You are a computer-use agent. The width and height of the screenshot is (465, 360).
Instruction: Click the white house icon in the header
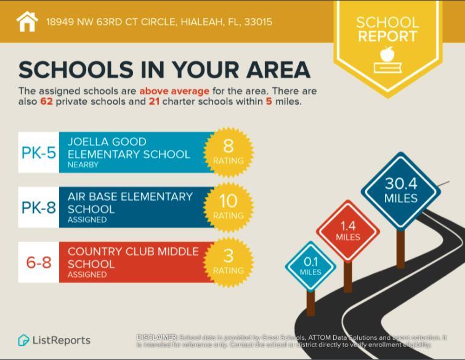coord(27,22)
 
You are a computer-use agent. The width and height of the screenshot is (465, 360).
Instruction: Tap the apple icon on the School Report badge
coord(387,55)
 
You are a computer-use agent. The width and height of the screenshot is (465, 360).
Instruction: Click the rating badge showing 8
coord(228,151)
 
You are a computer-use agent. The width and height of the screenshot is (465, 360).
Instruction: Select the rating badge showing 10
coord(228,207)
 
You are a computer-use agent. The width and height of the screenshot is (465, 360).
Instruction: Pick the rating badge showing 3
coord(228,262)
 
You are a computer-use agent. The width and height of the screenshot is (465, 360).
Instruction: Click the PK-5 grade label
coord(39,153)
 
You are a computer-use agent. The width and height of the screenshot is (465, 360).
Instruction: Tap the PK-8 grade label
coord(39,207)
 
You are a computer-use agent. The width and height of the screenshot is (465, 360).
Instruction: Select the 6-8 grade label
coord(39,263)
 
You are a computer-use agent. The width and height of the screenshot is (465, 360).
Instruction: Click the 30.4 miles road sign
coord(401,190)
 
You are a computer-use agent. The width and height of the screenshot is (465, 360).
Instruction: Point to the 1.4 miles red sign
coord(348,231)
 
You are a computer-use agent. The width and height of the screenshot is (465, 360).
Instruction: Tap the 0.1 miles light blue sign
coord(310,266)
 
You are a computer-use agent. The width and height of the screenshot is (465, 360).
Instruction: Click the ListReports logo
coord(54,340)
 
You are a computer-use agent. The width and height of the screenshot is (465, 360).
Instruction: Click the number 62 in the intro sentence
coord(46,102)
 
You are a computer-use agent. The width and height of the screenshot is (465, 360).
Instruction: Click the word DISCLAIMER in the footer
coord(156,337)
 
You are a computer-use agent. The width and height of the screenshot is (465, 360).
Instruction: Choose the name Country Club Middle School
coord(133,257)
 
